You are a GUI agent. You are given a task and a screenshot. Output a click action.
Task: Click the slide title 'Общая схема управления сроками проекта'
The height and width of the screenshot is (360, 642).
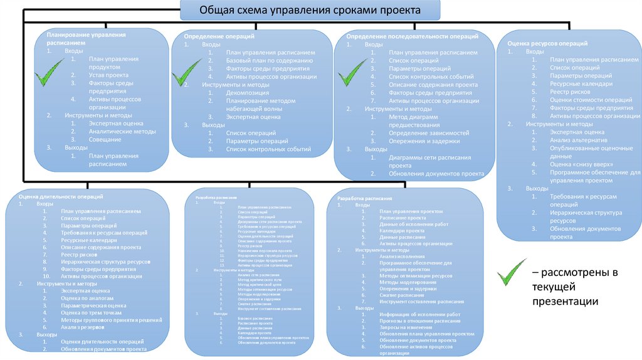tap(310, 11)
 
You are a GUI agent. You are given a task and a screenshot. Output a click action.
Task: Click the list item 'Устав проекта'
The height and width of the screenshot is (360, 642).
tap(104, 75)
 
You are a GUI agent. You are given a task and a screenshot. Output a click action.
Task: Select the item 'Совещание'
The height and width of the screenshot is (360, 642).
tap(105, 139)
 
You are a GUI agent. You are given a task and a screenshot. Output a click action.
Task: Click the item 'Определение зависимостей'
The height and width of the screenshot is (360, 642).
tap(429, 133)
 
